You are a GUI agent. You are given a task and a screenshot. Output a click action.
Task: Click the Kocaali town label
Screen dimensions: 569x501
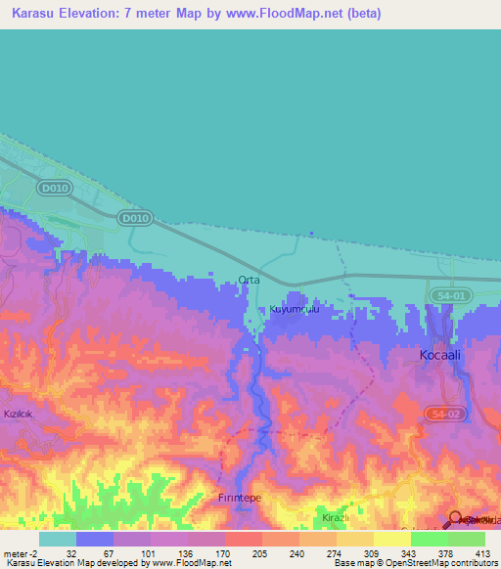coord(439,355)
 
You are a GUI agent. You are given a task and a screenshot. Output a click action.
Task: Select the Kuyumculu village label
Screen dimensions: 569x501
coord(295,309)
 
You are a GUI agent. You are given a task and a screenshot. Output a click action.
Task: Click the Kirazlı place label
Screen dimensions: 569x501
coord(336,516)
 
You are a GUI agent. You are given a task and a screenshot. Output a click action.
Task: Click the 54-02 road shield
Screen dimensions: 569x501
coord(447,416)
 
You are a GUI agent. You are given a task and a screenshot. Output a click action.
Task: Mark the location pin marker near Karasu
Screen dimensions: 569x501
coord(456,519)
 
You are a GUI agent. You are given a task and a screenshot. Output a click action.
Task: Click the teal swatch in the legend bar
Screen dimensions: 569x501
coord(57,539)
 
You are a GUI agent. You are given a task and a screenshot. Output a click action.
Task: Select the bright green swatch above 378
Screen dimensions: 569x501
coord(429,539)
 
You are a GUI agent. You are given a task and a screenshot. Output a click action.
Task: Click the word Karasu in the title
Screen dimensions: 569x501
coord(36,14)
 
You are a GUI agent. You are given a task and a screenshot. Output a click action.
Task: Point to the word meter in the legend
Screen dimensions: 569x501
coord(13,552)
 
